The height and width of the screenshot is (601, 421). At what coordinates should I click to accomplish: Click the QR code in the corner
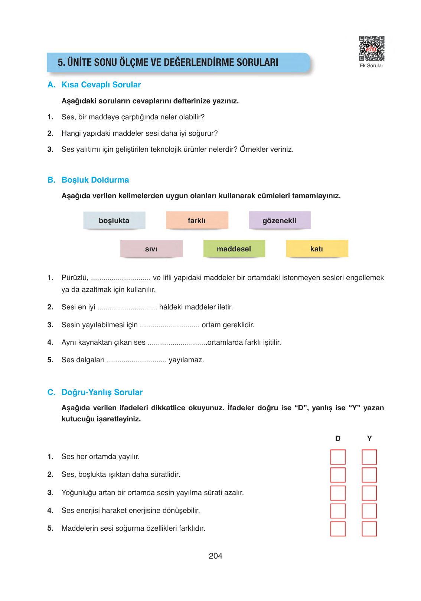371,48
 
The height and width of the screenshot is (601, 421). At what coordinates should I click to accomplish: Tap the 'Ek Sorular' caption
371,66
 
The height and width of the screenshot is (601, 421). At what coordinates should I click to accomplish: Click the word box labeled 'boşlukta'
114,221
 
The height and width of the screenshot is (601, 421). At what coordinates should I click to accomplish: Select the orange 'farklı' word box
197,221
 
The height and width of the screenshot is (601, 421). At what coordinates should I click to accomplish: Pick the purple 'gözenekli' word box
280,221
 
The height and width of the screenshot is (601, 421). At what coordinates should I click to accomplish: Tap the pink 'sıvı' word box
151,249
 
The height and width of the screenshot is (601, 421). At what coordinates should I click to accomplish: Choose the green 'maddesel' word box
234,249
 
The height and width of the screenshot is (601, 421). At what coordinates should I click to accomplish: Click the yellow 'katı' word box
317,249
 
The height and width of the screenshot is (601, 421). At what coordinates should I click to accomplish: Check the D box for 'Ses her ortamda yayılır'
338,457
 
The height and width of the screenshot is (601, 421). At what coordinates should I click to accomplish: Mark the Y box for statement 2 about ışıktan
369,475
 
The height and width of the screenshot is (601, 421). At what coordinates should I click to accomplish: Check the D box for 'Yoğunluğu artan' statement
338,493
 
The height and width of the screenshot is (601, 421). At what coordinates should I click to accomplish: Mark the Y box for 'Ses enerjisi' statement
369,511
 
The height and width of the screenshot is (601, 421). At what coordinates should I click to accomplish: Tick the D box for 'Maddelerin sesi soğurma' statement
338,528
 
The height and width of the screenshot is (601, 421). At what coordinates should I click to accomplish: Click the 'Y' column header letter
369,438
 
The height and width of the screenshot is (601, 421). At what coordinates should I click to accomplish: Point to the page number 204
215,556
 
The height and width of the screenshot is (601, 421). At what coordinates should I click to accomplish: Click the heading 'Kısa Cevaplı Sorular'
101,85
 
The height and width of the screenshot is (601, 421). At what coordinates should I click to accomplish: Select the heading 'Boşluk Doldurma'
95,180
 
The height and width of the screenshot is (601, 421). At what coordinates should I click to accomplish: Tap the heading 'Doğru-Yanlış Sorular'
102,392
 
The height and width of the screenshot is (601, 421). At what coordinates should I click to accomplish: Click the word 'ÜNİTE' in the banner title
80,62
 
